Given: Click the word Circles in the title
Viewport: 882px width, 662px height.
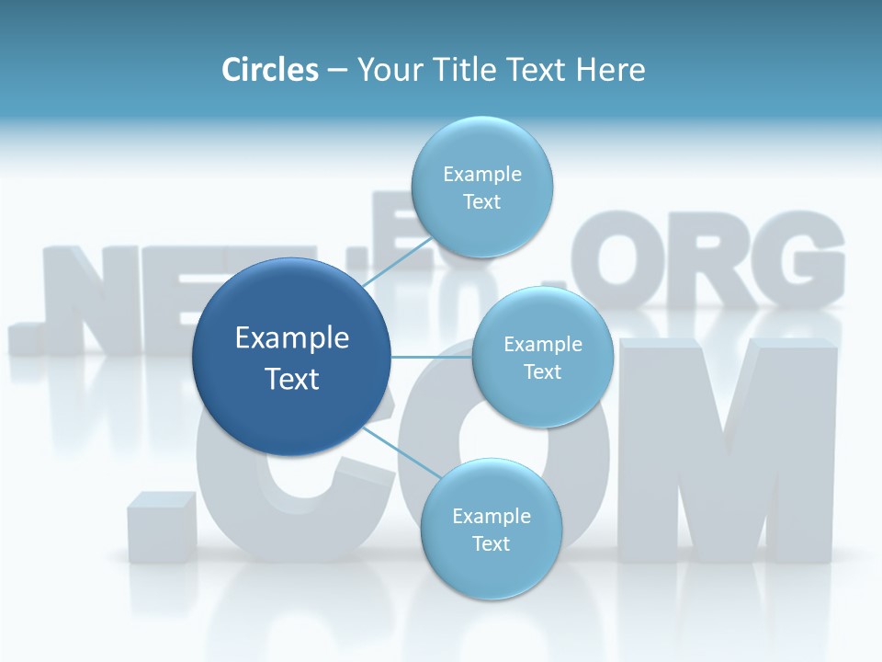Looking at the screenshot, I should click(x=269, y=70).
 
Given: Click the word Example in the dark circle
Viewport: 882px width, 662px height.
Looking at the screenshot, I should click(x=292, y=338).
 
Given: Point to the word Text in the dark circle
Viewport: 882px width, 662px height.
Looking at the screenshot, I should click(x=292, y=379).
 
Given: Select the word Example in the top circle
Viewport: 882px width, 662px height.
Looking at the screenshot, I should click(x=482, y=174).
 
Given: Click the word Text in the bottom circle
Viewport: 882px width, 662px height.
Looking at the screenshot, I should click(x=491, y=543).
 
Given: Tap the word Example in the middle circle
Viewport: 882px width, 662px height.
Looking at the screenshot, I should click(x=543, y=345).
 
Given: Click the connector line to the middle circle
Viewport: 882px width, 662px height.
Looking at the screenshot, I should click(x=431, y=357).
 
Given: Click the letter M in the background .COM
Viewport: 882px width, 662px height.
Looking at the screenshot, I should click(x=726, y=451).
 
